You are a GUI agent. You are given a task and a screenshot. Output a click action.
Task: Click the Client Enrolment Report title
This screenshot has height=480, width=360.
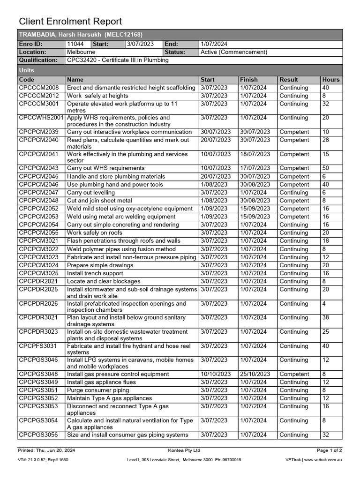pos(70,22)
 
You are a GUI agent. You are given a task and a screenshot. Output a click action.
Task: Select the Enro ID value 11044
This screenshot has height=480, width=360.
pos(75,44)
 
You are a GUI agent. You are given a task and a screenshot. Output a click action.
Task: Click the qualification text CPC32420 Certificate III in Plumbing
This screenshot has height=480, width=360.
pos(118,60)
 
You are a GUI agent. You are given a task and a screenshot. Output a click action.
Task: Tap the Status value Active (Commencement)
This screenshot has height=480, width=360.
pos(233,52)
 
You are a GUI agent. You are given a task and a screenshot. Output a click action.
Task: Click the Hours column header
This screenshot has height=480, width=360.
pos(330,80)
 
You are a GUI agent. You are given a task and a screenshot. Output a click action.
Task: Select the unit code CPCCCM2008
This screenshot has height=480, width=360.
pos(39,88)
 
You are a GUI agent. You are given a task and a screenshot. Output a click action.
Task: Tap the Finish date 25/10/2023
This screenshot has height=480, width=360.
pos(255,374)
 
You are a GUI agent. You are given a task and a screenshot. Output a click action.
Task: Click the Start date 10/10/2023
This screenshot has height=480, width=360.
pos(216,374)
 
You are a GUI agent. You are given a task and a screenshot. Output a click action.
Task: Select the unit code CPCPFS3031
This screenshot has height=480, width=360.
pos(38,346)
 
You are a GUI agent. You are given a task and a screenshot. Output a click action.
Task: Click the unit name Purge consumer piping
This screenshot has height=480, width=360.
pos(98,390)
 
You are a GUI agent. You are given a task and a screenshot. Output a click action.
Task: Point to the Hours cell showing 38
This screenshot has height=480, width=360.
pos(326,317)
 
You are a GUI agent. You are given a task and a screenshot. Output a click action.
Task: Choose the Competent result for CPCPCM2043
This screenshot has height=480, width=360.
pos(294,168)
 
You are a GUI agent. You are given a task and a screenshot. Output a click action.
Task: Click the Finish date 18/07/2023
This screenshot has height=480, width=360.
pos(255,154)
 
